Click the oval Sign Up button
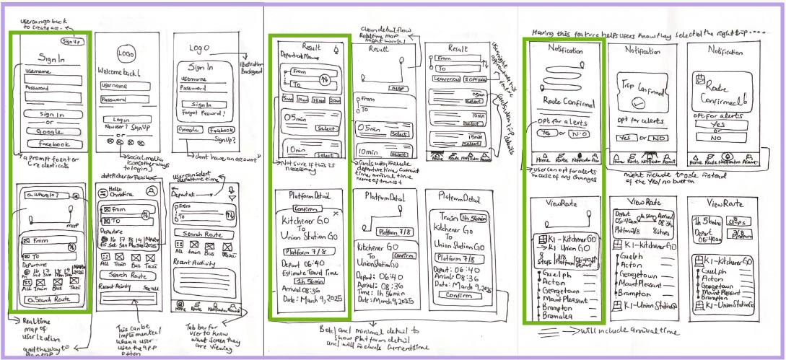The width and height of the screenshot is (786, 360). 71,41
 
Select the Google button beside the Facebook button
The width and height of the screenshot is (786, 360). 190,130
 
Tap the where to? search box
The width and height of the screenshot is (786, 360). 43,196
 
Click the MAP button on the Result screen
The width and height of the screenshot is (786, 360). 396,88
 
